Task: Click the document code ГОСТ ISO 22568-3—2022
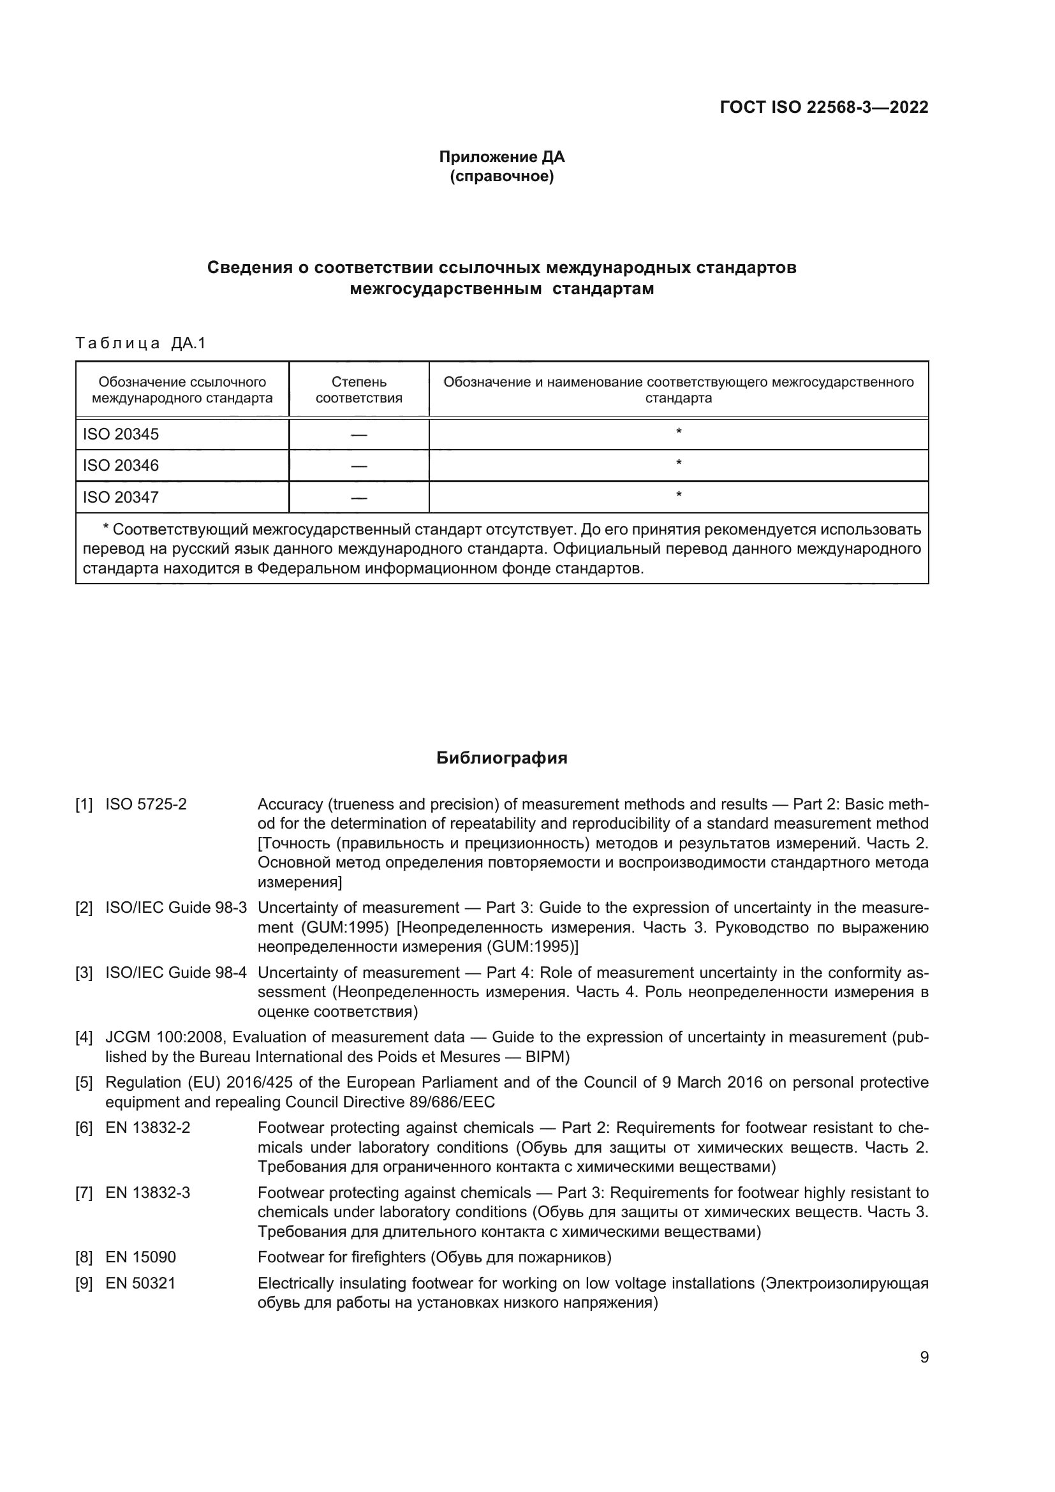tap(823, 107)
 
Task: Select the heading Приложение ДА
tap(501, 157)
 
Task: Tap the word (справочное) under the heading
tap(501, 176)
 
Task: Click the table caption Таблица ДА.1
tap(140, 343)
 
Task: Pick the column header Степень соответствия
tap(358, 390)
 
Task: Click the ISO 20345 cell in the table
tap(121, 434)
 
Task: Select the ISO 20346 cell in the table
tap(121, 465)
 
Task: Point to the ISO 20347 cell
tap(121, 497)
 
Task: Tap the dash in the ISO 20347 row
tap(358, 498)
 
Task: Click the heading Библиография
tap(501, 758)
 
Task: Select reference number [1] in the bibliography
tap(84, 804)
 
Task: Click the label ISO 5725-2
tap(146, 804)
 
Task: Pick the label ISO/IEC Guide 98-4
tap(176, 973)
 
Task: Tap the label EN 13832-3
tap(147, 1193)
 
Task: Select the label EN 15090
tap(140, 1257)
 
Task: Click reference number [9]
tap(84, 1283)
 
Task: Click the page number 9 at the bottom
tap(924, 1357)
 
